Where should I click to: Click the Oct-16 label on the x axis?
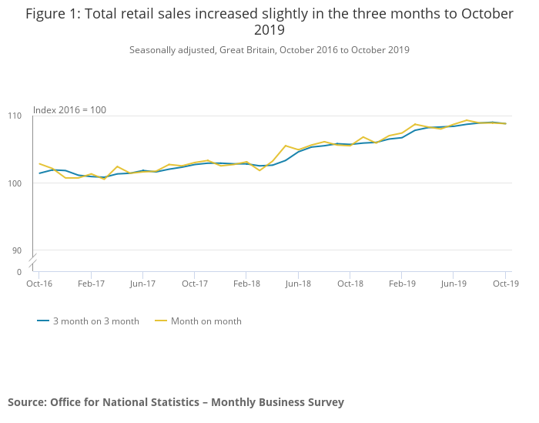coord(39,284)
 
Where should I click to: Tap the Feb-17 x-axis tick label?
coord(91,284)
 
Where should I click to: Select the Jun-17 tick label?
coord(142,284)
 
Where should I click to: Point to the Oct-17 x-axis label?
coord(195,284)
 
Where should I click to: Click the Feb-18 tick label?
coord(246,284)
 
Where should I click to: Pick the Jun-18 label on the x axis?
coord(298,284)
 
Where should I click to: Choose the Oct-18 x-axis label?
coord(350,284)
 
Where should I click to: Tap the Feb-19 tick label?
coord(402,284)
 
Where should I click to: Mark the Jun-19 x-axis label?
coord(454,284)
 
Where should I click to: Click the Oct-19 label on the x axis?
coord(506,284)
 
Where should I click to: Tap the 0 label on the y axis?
coord(19,272)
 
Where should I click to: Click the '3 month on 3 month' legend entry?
coord(95,321)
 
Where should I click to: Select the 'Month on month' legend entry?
coord(206,321)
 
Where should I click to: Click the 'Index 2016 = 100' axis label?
coord(69,110)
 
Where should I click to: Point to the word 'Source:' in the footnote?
coord(27,402)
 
